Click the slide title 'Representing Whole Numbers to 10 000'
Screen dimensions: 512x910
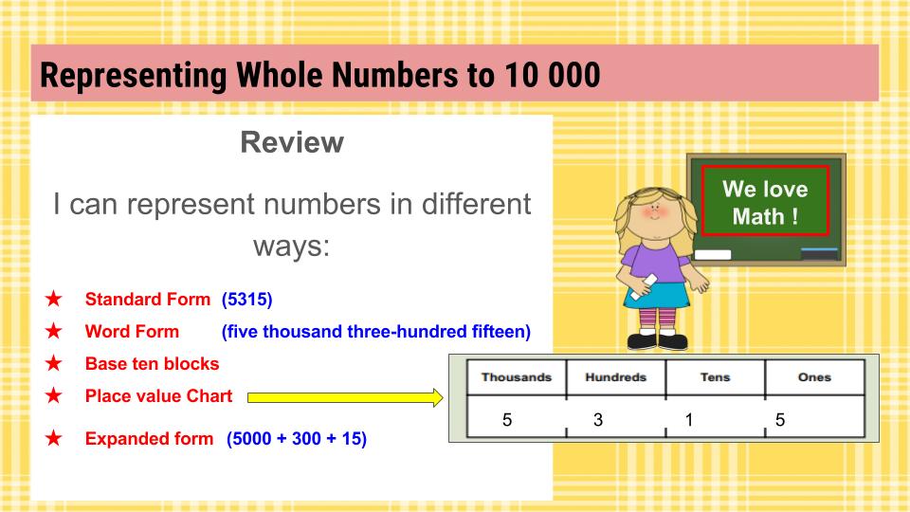[x=320, y=74]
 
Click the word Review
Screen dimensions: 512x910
[x=291, y=143]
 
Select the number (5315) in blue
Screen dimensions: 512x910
[x=246, y=300]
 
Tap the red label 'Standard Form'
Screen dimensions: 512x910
[x=148, y=300]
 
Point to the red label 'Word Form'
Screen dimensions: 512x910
[x=132, y=332]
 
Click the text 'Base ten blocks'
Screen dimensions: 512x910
[x=152, y=364]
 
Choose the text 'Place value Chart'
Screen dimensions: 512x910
[x=158, y=396]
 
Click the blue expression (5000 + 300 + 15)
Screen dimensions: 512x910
[x=296, y=439]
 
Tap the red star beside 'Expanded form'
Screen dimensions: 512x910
[x=54, y=439]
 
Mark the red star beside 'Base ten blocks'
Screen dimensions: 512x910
[x=54, y=364]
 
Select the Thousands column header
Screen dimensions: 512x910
[x=516, y=377]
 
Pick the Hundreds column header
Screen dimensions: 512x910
[x=615, y=377]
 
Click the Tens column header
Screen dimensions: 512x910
[x=715, y=377]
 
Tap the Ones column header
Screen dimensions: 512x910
[x=814, y=377]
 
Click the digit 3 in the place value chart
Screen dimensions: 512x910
[x=598, y=419]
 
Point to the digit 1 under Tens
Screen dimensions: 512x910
[x=689, y=419]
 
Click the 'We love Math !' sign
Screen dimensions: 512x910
[x=765, y=201]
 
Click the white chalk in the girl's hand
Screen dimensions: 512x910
[x=649, y=280]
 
